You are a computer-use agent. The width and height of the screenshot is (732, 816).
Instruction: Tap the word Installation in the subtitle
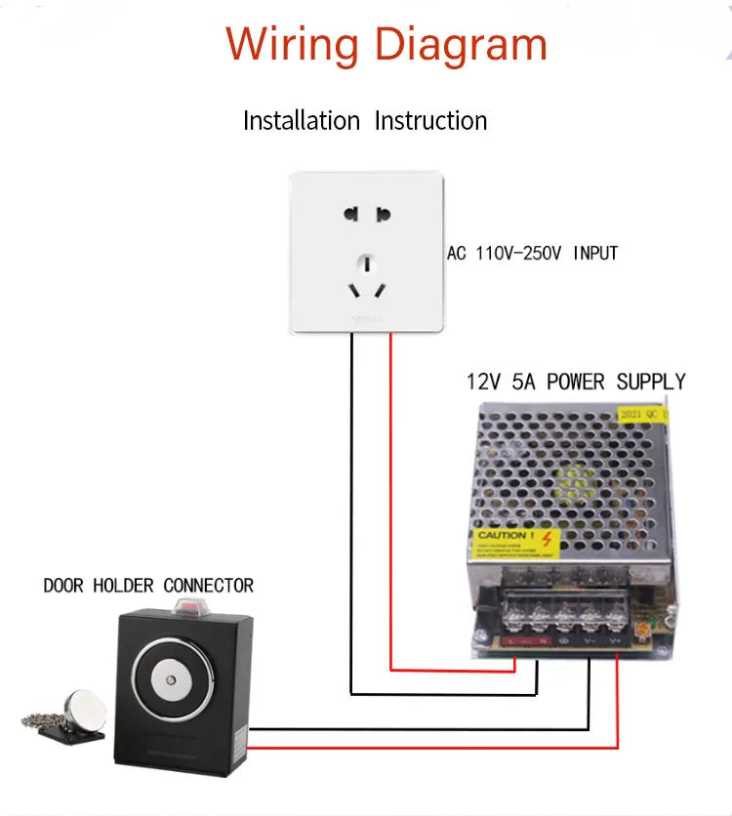(302, 121)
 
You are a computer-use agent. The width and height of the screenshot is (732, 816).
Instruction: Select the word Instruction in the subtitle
(431, 121)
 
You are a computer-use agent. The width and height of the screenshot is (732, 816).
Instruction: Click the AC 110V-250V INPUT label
(533, 254)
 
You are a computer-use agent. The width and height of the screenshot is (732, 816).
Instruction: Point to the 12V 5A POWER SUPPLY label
(576, 382)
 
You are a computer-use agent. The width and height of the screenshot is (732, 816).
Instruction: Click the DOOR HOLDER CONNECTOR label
(148, 586)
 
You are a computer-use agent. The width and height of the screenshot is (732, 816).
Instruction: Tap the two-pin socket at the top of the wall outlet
(367, 215)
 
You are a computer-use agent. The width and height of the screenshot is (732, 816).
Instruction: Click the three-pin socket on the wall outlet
(367, 278)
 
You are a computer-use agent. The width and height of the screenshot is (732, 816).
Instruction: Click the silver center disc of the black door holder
(172, 680)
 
